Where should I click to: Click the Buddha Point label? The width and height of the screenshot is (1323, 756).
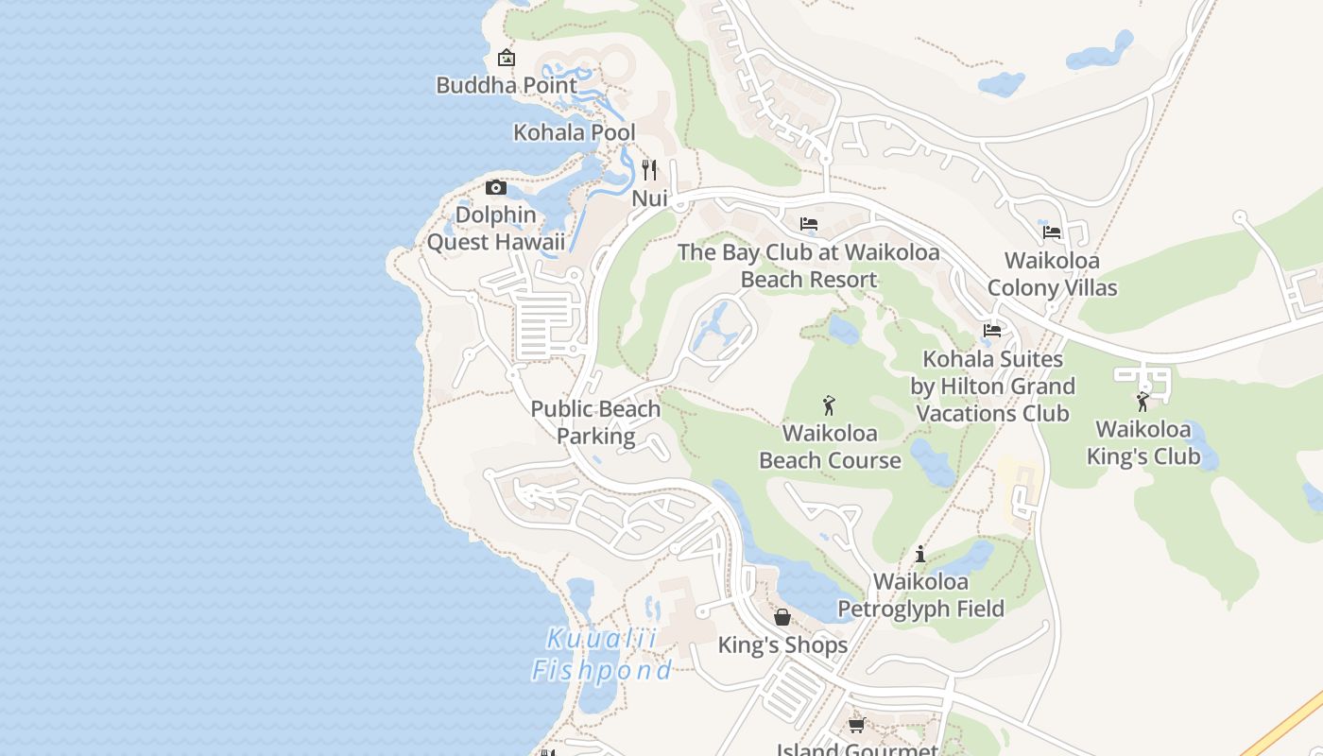(x=507, y=85)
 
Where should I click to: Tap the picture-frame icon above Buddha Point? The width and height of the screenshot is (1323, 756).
(x=507, y=58)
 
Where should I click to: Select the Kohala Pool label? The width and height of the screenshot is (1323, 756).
(x=574, y=132)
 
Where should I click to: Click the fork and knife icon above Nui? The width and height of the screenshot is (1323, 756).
(x=649, y=170)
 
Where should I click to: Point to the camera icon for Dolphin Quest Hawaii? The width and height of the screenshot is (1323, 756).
(x=496, y=187)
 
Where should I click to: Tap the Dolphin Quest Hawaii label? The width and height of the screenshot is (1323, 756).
(x=496, y=229)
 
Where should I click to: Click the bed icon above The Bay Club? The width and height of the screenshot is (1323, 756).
(x=809, y=224)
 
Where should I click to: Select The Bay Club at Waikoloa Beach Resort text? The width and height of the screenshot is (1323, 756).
(x=809, y=266)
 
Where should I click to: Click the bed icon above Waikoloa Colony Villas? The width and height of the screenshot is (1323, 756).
(x=1052, y=232)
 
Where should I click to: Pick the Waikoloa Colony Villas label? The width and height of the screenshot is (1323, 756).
(x=1052, y=274)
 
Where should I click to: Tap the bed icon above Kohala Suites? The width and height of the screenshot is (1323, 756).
(x=992, y=331)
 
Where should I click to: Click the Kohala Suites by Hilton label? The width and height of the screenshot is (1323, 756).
(x=992, y=387)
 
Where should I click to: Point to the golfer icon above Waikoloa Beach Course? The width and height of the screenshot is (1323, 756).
(x=829, y=405)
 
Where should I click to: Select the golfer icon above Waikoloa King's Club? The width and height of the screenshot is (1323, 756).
(x=1143, y=402)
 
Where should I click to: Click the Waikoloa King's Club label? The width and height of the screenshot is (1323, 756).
(x=1143, y=443)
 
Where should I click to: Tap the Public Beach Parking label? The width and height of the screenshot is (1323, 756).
(x=595, y=422)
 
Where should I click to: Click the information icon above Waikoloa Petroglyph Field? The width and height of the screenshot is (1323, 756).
(x=920, y=554)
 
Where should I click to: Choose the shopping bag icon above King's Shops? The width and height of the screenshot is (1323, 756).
(x=782, y=617)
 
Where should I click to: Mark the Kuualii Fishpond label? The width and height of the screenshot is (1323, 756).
(x=602, y=654)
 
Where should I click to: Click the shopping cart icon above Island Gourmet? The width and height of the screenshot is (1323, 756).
(x=856, y=725)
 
